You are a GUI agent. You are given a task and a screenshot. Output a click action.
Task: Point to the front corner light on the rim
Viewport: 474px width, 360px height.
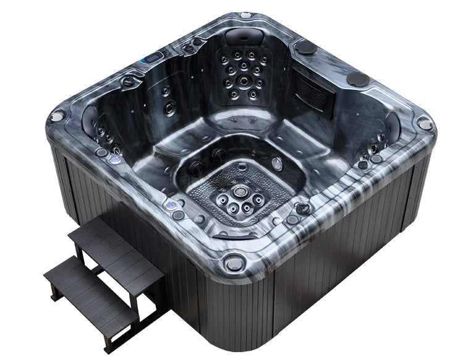[234, 264]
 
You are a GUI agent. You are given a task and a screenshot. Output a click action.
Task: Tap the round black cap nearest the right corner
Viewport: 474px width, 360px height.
[357, 78]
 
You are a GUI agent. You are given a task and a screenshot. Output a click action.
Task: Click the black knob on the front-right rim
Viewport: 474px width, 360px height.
[302, 208]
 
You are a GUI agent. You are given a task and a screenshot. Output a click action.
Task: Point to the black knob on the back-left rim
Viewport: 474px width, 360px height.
[129, 81]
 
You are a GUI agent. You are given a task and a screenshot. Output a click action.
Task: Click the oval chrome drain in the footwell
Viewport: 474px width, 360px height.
[277, 164]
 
